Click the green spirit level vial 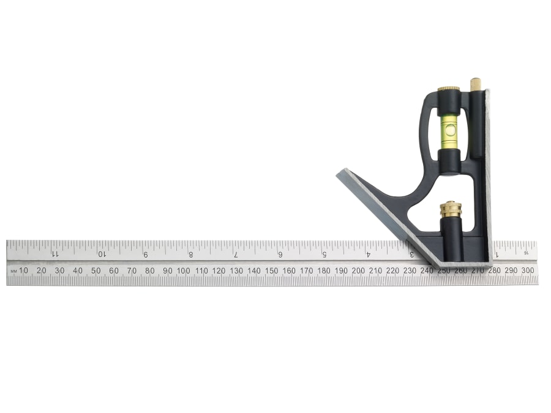click(x=450, y=130)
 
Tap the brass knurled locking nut click(x=451, y=209)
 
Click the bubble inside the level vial click(x=450, y=129)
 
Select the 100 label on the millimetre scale click(x=183, y=270)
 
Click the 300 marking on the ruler click(x=528, y=270)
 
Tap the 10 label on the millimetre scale click(x=23, y=270)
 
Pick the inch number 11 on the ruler click(x=54, y=254)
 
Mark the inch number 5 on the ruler click(x=324, y=254)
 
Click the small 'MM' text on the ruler click(x=13, y=270)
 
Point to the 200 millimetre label click(x=359, y=270)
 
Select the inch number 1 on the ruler click(x=497, y=254)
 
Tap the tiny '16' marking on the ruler click(x=526, y=252)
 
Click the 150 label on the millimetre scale click(x=271, y=270)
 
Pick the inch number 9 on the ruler click(x=145, y=254)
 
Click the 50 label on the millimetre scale click(x=96, y=270)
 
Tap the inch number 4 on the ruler click(x=368, y=254)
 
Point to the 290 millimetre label click(x=511, y=270)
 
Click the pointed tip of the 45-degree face click(x=337, y=174)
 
